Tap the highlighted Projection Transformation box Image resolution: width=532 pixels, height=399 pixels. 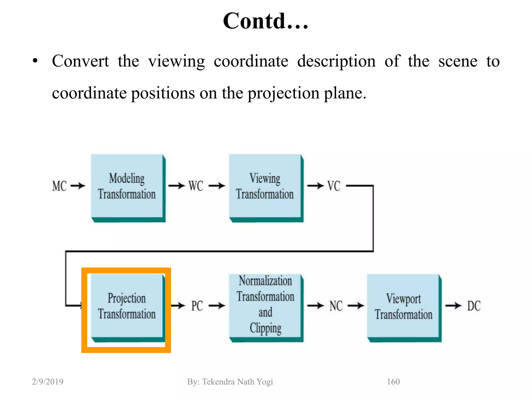coord(127,307)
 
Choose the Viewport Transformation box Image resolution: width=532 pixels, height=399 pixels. coord(403,307)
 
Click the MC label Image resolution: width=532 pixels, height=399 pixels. coord(59,186)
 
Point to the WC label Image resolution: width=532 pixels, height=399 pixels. coord(196,186)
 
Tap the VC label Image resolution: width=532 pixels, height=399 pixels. coord(334,186)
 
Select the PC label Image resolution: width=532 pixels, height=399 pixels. coord(197,306)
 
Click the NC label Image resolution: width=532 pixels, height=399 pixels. coord(336,306)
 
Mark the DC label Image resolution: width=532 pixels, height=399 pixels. coord(474,306)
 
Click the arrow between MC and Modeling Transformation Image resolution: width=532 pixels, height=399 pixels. coord(78,186)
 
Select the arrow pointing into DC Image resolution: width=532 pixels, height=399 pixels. coord(454,306)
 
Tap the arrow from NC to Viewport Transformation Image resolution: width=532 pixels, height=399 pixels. coord(356,306)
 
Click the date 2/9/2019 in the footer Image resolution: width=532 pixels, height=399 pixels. coord(48,382)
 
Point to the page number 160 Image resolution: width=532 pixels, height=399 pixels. coord(393,382)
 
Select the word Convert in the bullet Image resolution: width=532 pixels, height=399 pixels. coord(80,61)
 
